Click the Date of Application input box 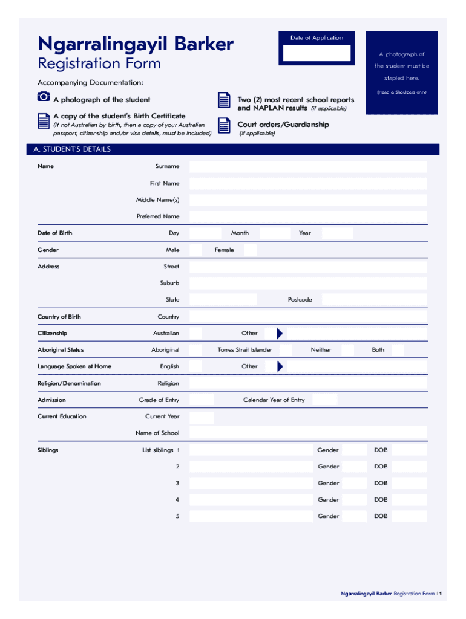[317, 53]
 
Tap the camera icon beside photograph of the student [42, 97]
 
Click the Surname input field [308, 167]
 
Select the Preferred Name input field [308, 216]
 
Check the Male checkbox [195, 250]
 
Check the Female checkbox [250, 250]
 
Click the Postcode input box [374, 300]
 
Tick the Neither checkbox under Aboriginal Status [347, 350]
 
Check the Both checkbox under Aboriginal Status [397, 350]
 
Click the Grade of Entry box [202, 400]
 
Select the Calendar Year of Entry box [325, 400]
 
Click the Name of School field [308, 433]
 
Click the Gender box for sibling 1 [355, 450]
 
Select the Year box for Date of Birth [337, 233]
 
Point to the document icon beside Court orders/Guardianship [224, 125]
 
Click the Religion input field [308, 383]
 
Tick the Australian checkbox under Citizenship [195, 333]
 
